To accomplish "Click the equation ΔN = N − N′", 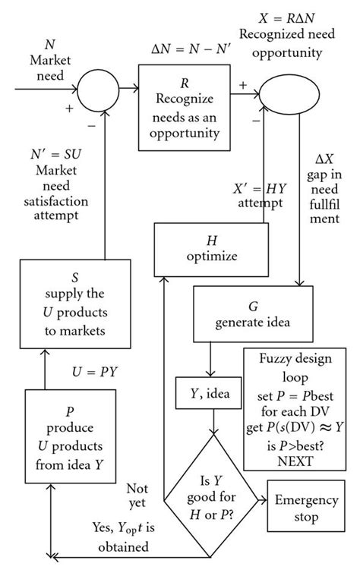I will (x=185, y=52).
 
